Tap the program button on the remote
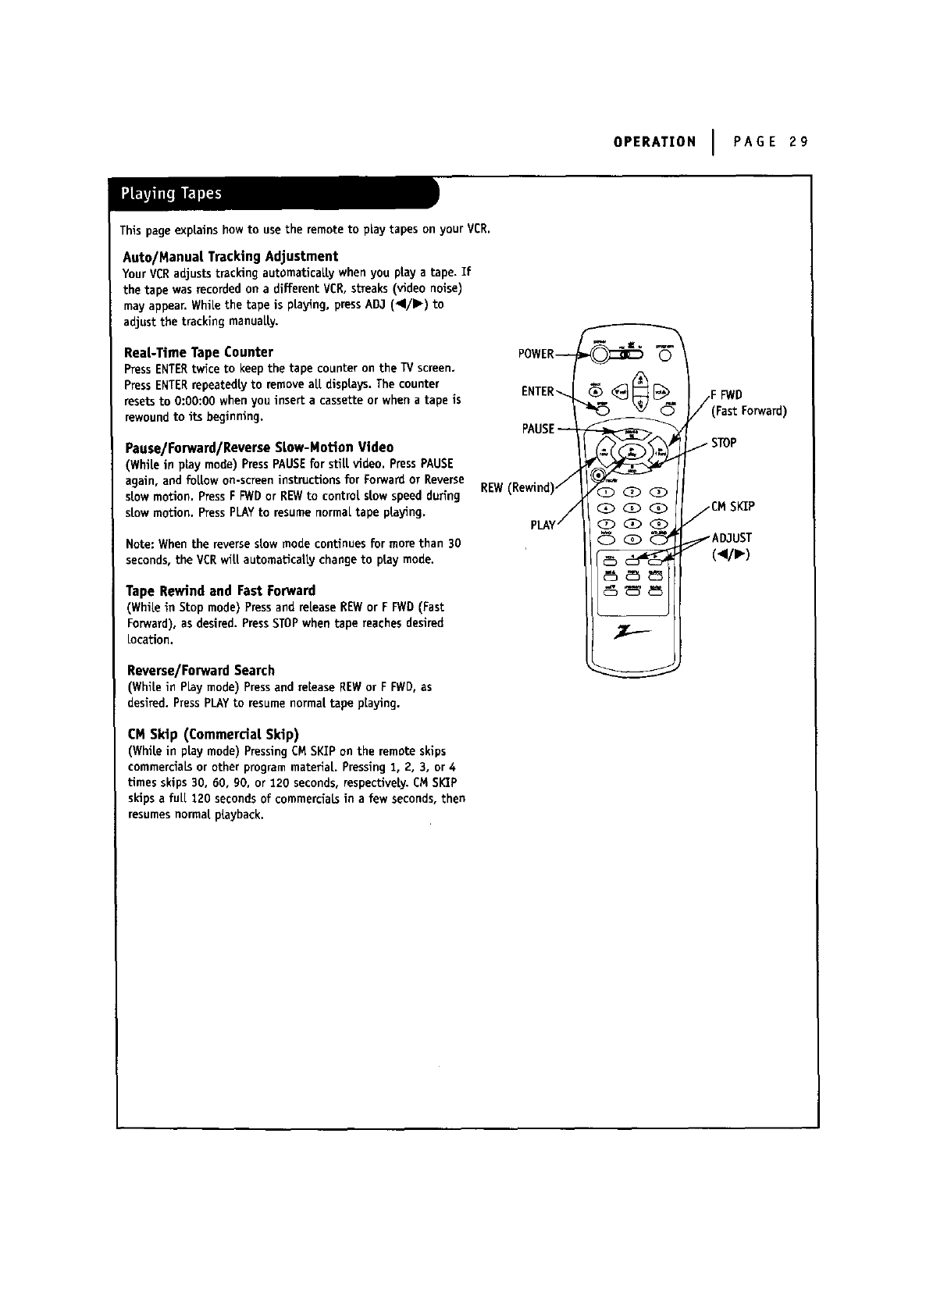pos(664,357)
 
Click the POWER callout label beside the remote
pos(536,355)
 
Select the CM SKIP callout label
pos(732,507)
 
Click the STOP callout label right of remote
pos(724,444)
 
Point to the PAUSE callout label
pos(538,429)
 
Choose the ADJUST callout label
pos(731,538)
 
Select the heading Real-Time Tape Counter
pos(198,352)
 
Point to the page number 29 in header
pos(797,142)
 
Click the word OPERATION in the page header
pos(654,142)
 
